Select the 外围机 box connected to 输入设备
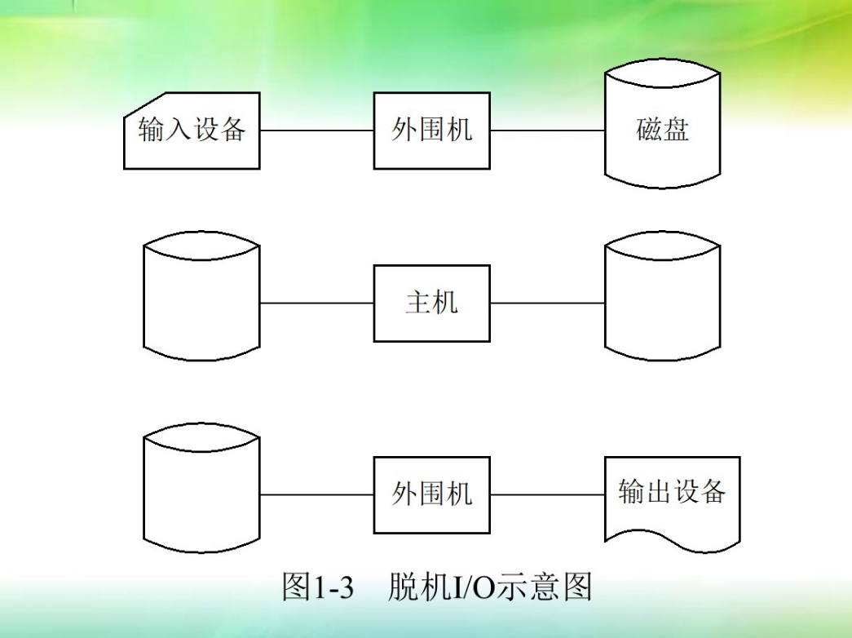(431, 131)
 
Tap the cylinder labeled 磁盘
(662, 131)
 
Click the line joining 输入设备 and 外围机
(316, 131)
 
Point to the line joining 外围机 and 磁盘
(547, 131)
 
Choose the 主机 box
(431, 303)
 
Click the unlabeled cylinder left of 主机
(201, 303)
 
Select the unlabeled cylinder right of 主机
(662, 303)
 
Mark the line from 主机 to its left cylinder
(316, 303)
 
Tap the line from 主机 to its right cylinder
(547, 303)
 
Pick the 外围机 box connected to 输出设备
(431, 494)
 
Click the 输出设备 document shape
(672, 494)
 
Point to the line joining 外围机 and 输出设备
(547, 494)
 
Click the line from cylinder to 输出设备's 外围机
(316, 494)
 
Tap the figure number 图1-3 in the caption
(318, 587)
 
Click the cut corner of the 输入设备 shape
(135, 104)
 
